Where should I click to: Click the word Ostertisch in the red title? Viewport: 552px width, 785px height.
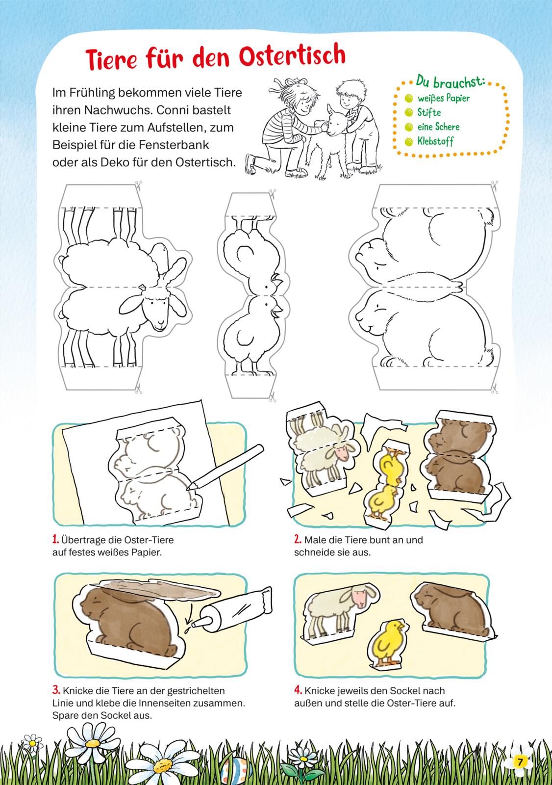click(293, 56)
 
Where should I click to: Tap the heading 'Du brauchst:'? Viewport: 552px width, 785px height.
click(450, 82)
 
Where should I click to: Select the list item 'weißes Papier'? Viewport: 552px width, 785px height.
click(444, 99)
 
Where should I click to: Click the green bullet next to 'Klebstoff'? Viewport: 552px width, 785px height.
click(408, 142)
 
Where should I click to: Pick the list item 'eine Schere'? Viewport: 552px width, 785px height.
click(438, 127)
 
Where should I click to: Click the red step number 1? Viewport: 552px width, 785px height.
click(55, 539)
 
